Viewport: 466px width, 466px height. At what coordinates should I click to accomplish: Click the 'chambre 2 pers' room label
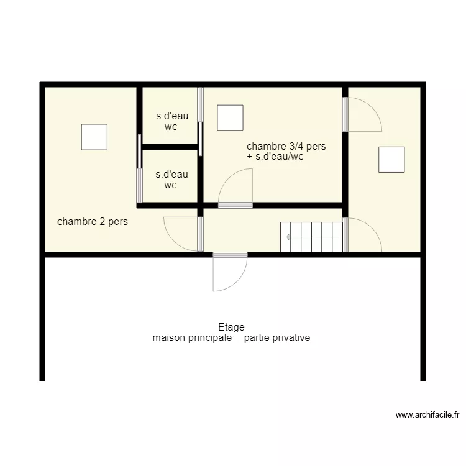pos(93,222)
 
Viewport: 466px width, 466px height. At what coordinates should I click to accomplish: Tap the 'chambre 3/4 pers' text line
pos(286,146)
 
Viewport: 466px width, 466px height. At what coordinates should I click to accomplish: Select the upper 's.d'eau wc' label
pos(172,121)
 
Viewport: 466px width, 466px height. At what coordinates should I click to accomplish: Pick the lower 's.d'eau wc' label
pos(171,180)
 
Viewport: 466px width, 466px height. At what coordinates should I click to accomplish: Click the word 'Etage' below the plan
pos(232,327)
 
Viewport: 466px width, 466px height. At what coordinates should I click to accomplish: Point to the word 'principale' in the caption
pos(212,338)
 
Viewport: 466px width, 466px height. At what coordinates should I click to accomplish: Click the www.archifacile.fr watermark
pos(427,415)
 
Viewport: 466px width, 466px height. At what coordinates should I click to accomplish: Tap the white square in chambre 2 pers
pos(94,137)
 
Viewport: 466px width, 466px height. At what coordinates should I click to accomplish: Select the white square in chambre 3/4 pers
pos(230,117)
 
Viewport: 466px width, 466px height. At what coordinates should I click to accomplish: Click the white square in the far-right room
pos(391,160)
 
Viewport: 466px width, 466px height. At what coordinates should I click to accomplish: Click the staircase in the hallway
pos(311,237)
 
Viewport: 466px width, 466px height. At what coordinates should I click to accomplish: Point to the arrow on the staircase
pos(312,237)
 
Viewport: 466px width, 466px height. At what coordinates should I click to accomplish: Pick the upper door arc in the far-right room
pos(372,107)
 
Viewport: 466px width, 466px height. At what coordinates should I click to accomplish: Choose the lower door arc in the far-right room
pos(372,228)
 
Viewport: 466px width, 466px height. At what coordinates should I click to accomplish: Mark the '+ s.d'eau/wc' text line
pos(275,157)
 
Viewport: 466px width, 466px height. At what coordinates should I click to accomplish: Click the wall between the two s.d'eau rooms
pos(170,147)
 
